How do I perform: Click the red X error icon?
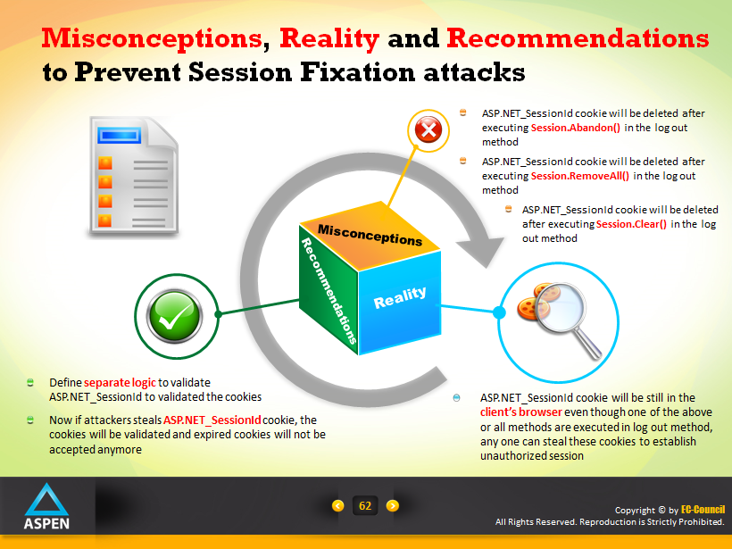(428, 129)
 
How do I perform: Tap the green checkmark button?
(174, 316)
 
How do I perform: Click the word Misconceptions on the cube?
(370, 236)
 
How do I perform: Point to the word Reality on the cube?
(400, 297)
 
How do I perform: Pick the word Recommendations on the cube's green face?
(329, 290)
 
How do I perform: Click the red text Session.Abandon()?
(575, 128)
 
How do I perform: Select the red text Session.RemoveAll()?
(580, 176)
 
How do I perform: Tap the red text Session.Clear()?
(631, 224)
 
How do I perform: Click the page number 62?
(365, 505)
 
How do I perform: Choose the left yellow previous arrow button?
(337, 505)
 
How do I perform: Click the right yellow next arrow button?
(393, 505)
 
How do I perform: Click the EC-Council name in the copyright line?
(703, 510)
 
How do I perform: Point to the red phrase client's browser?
(521, 412)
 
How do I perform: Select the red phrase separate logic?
(120, 383)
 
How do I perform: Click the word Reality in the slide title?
(329, 39)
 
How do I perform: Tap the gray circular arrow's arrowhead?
(481, 246)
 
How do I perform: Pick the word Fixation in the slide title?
(358, 72)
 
